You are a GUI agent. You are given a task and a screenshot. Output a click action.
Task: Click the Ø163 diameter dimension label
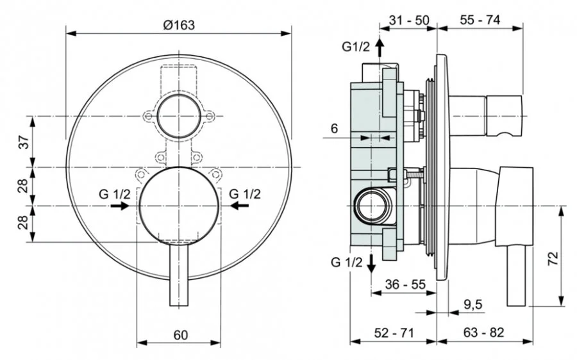(x=178, y=24)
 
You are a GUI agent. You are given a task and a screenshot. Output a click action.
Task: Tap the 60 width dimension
(x=180, y=334)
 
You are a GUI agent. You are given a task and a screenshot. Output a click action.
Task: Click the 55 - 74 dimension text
(x=480, y=20)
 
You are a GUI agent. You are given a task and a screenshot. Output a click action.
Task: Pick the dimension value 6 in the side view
(x=334, y=128)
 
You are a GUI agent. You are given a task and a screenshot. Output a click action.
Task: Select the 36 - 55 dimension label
(x=406, y=284)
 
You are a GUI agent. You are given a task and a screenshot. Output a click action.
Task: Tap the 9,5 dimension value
(x=473, y=306)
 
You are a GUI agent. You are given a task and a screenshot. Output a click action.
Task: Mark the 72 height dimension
(x=554, y=258)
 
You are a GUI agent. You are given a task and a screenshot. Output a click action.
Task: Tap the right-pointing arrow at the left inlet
(x=119, y=206)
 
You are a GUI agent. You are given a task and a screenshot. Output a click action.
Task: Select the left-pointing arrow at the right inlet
(x=240, y=206)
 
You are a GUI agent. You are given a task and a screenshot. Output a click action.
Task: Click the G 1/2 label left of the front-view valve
(x=114, y=193)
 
